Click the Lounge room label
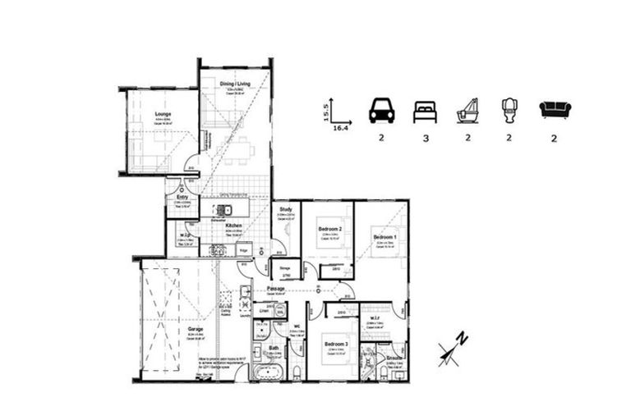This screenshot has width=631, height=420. tap(162, 113)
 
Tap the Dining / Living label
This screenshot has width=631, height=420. tap(235, 83)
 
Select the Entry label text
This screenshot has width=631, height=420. tap(182, 197)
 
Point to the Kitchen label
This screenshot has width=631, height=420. tap(221, 224)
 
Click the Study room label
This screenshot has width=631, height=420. tap(286, 210)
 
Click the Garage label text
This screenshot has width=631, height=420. tap(195, 329)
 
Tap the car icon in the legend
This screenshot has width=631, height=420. tap(381, 110)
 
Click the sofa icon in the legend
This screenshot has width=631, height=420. tap(554, 109)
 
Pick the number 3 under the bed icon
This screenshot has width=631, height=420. tap(425, 139)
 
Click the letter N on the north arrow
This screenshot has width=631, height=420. tap(463, 337)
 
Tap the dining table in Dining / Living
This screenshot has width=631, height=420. tap(238, 151)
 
